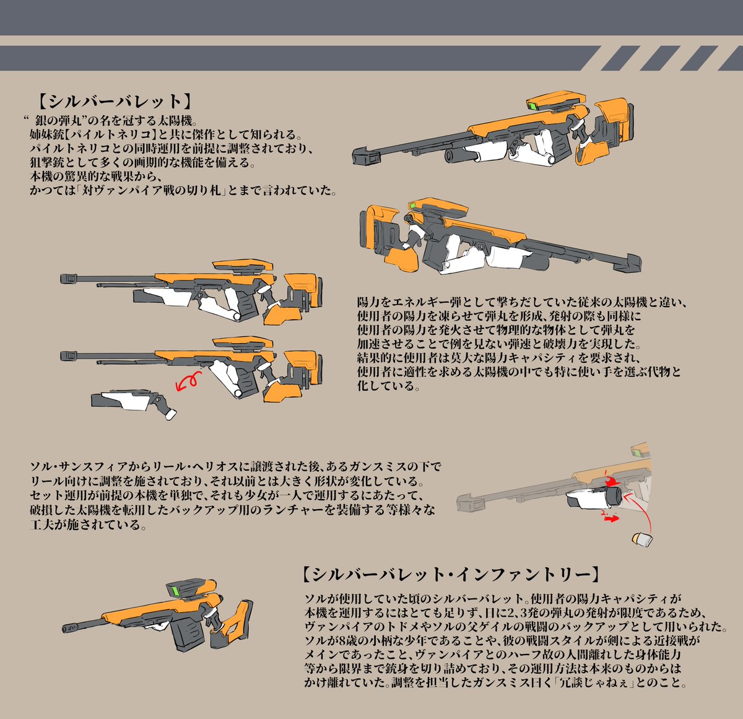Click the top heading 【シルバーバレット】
[x=114, y=101]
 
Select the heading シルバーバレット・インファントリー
[x=451, y=574]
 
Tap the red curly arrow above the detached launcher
[x=189, y=380]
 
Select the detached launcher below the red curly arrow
[x=134, y=403]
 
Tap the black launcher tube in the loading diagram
[x=613, y=495]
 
